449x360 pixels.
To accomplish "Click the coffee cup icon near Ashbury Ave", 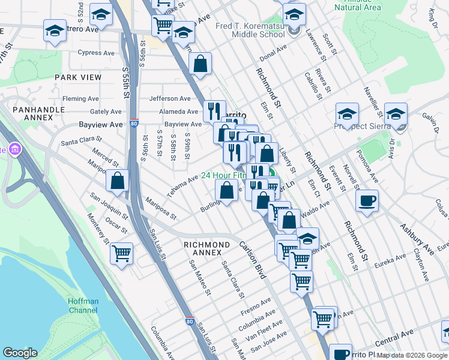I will (x=367, y=201).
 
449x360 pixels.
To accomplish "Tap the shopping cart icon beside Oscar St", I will (x=121, y=253).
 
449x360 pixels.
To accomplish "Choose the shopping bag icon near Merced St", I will (x=118, y=180).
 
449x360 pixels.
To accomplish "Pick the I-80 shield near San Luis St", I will (x=190, y=322).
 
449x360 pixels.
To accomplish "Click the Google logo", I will (x=20, y=353).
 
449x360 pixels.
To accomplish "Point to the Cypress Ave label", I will (x=98, y=53).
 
